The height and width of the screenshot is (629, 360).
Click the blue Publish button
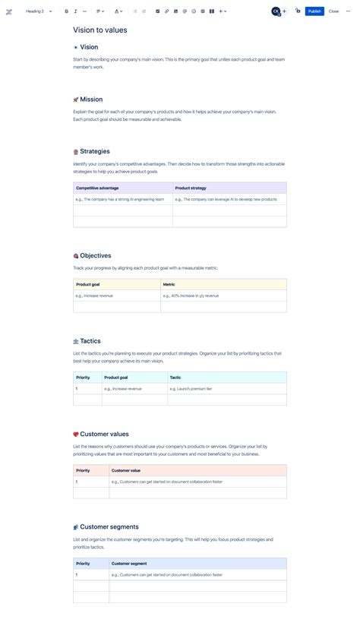coord(314,11)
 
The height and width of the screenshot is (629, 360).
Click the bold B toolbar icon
coord(67,11)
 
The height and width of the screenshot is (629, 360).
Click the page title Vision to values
coord(100,30)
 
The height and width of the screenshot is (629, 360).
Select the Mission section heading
coord(91,100)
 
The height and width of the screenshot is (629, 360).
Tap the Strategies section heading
coord(95,151)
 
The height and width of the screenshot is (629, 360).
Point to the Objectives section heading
coord(96,256)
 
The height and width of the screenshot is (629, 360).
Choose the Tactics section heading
coord(90,341)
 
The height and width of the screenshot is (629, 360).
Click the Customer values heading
coord(104,435)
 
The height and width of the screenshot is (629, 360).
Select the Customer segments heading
coord(109,527)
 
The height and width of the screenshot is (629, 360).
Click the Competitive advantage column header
coord(97,188)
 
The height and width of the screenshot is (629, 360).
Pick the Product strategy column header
coord(191,188)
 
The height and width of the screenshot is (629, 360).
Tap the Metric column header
coord(169,284)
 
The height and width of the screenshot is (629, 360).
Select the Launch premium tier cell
coord(191,388)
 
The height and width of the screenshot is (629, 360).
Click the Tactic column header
coord(175,377)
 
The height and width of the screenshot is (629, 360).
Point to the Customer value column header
coord(125,470)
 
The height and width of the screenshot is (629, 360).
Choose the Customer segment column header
coord(129,564)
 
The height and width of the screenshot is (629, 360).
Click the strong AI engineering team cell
coord(120,199)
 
